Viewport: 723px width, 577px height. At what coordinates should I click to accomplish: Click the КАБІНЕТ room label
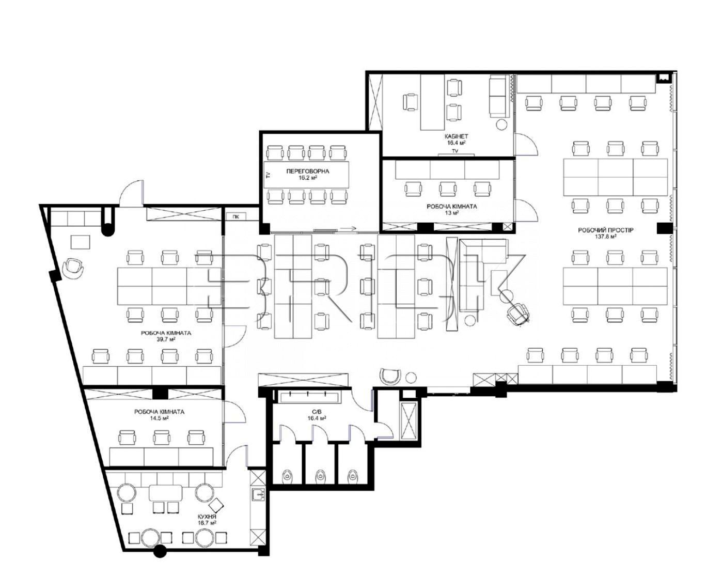(455, 136)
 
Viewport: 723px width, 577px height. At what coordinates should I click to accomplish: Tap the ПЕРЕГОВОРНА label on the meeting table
(307, 171)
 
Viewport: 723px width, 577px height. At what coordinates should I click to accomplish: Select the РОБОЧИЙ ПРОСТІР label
(605, 230)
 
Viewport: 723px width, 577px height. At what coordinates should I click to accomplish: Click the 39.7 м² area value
(166, 339)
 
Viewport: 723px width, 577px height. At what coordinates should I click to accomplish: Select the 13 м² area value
(451, 213)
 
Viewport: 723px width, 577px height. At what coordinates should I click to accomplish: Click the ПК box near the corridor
(236, 217)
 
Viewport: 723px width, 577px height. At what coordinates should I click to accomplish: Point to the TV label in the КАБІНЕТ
(455, 151)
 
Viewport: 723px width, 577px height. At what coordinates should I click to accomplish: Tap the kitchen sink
(259, 494)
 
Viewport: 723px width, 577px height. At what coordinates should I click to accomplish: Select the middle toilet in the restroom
(320, 475)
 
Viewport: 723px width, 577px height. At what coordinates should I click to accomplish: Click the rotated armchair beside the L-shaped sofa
(518, 313)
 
